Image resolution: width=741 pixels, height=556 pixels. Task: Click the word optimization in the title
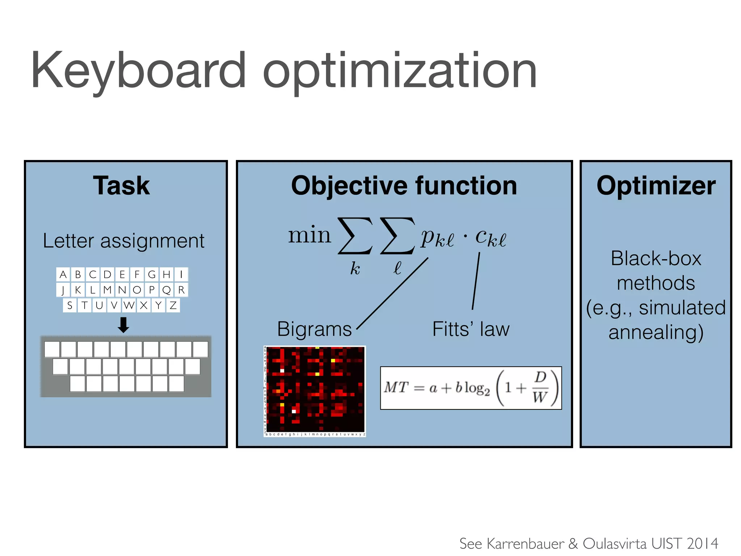(400, 72)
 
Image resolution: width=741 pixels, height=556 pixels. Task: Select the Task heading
(122, 186)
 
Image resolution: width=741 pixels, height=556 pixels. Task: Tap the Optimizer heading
(656, 186)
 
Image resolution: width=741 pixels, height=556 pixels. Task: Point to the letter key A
(63, 274)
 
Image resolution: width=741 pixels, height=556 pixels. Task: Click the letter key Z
(173, 306)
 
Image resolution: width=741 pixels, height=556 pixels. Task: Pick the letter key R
(181, 290)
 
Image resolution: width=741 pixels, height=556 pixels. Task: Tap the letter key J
(63, 290)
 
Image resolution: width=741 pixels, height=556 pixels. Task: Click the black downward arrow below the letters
(123, 325)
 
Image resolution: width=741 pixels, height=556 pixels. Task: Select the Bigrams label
(314, 329)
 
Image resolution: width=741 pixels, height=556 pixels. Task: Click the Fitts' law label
(471, 329)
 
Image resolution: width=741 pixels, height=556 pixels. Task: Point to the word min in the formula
(309, 235)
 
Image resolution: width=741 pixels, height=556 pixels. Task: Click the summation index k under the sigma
(355, 269)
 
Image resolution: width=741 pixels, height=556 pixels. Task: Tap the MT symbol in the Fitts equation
(396, 387)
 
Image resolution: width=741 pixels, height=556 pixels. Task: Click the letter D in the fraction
(540, 377)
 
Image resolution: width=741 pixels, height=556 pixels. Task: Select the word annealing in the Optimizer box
(656, 332)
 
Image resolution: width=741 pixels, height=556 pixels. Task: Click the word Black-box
(656, 258)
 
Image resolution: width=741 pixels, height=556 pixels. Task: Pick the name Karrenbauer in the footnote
(525, 544)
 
